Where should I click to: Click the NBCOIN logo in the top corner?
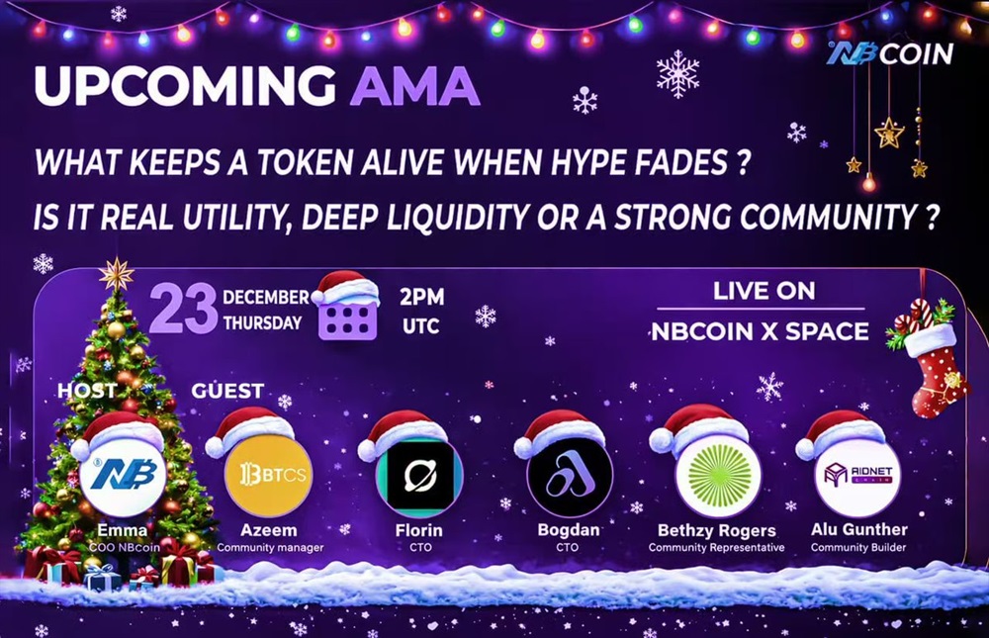tap(890, 54)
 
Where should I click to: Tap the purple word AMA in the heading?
tap(414, 85)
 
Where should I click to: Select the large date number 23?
tap(184, 309)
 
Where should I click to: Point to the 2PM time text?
tap(422, 297)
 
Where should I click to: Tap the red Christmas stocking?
tap(930, 358)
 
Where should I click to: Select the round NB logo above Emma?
tap(124, 474)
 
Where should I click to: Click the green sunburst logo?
tap(718, 475)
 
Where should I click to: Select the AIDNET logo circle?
tap(857, 475)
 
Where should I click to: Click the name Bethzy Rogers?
tap(716, 531)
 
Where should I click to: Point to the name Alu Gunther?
tap(859, 529)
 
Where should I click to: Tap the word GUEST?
tap(227, 392)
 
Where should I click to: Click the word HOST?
tap(87, 391)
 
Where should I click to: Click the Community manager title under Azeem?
tap(270, 548)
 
